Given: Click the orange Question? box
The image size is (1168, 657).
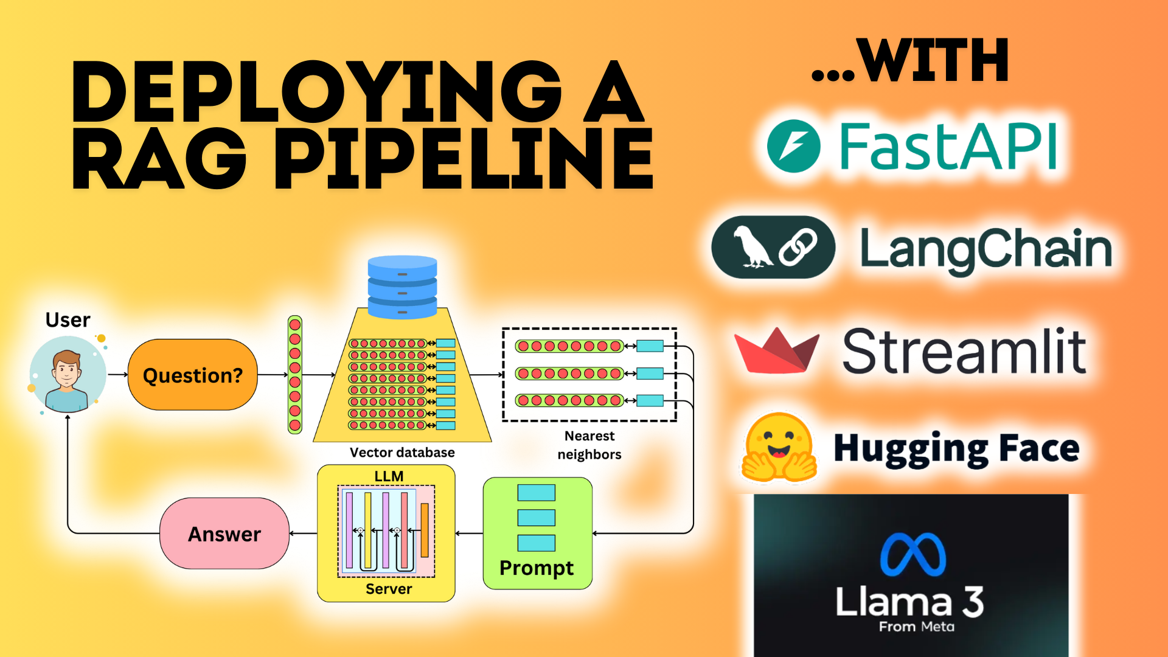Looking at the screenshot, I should pyautogui.click(x=192, y=375).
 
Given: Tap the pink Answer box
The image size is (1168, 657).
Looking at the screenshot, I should pyautogui.click(x=224, y=534).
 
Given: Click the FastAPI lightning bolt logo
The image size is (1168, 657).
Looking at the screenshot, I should pyautogui.click(x=793, y=147).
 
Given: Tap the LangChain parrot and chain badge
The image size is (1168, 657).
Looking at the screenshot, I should pyautogui.click(x=773, y=248).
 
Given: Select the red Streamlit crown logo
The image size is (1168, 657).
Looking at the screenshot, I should pyautogui.click(x=777, y=351).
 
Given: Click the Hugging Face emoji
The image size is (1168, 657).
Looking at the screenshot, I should pyautogui.click(x=779, y=448).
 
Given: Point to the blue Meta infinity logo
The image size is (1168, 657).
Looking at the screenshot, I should pyautogui.click(x=913, y=554).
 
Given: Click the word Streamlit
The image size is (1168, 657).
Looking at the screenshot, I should pyautogui.click(x=964, y=351).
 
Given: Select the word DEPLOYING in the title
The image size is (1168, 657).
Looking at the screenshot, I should pyautogui.click(x=316, y=92).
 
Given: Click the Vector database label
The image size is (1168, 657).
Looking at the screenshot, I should pyautogui.click(x=402, y=453).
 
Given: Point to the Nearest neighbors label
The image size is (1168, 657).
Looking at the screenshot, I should pyautogui.click(x=589, y=445).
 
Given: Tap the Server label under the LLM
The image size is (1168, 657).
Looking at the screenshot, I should pyautogui.click(x=389, y=589).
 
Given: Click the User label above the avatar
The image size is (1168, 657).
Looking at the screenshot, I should pyautogui.click(x=68, y=320).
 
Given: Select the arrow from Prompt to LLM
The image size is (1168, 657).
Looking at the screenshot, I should pyautogui.click(x=469, y=534).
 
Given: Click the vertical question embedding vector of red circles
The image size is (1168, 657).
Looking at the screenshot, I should pyautogui.click(x=295, y=375).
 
